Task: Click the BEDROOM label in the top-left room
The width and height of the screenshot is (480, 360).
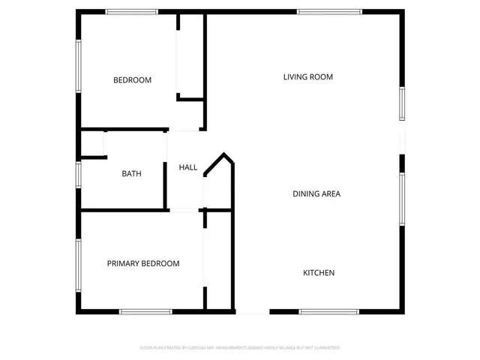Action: pyautogui.click(x=132, y=80)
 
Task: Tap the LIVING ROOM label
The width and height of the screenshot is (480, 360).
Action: pyautogui.click(x=307, y=76)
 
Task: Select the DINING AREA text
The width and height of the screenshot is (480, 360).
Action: pyautogui.click(x=316, y=193)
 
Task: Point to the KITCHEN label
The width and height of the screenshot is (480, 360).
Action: pyautogui.click(x=318, y=272)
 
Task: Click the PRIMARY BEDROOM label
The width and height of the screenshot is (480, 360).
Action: pyautogui.click(x=143, y=263)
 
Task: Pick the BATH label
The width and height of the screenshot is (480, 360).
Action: pyautogui.click(x=131, y=173)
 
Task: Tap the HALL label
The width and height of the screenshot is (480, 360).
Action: pyautogui.click(x=187, y=167)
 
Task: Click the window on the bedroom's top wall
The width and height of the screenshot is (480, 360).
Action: pyautogui.click(x=131, y=11)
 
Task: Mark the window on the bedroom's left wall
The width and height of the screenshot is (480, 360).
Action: pyautogui.click(x=78, y=66)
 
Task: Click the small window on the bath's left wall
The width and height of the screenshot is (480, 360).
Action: pyautogui.click(x=78, y=174)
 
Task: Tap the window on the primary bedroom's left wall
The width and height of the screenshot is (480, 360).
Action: pyautogui.click(x=78, y=264)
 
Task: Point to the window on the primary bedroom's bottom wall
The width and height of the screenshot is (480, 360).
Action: pyautogui.click(x=145, y=311)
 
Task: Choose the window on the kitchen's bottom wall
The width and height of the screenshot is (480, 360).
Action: pyautogui.click(x=329, y=311)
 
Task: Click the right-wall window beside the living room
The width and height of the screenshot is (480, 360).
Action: pyautogui.click(x=402, y=103)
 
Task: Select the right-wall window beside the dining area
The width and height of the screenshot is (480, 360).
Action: pyautogui.click(x=402, y=199)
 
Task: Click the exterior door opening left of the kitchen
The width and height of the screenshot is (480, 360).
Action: pyautogui.click(x=252, y=312)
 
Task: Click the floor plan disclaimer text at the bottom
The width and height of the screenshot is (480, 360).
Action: pyautogui.click(x=240, y=348)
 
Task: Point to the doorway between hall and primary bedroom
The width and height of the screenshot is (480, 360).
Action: pyautogui.click(x=184, y=210)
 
